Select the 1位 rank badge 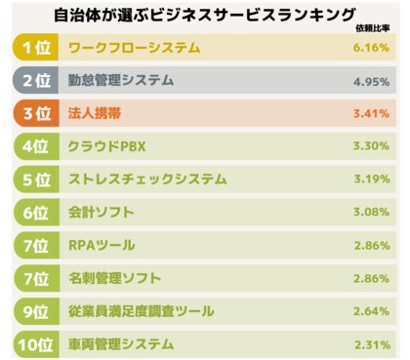[37, 47]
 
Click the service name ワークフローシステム [135, 47]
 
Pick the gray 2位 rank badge [37, 80]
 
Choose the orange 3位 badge [37, 113]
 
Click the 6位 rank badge [37, 213]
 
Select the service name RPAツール [102, 246]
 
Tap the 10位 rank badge [37, 344]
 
